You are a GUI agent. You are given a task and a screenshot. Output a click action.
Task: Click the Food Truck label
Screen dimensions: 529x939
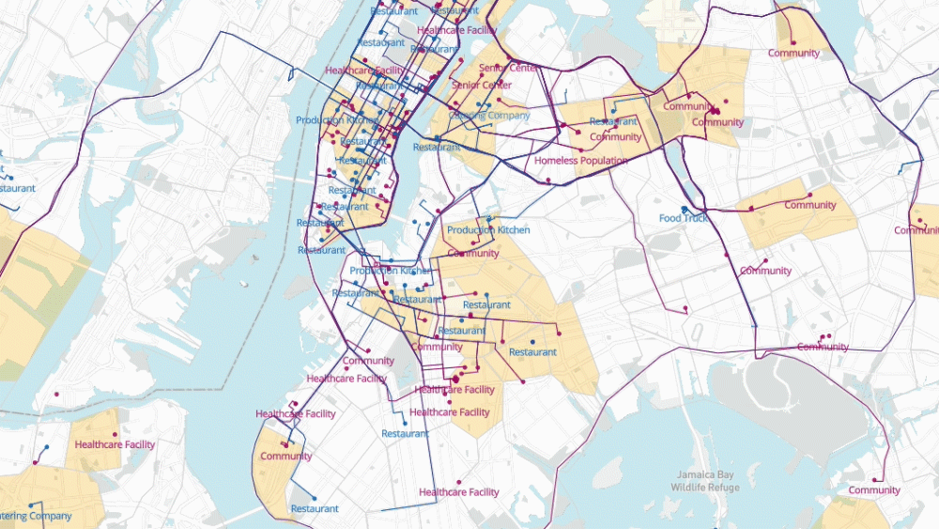pos(683,218)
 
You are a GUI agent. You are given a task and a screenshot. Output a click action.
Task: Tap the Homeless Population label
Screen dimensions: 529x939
pos(580,161)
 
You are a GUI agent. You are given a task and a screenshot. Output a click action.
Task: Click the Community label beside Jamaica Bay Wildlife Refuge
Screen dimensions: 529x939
pos(874,490)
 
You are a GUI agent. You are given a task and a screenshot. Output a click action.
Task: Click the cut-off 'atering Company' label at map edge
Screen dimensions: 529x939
pos(36,516)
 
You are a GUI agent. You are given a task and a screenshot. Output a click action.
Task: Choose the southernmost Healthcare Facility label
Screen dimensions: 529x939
pos(459,492)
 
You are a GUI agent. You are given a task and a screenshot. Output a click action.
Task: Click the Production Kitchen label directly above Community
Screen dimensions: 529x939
pos(487,230)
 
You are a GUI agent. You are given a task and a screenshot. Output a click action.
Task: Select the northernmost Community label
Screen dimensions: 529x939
pos(793,53)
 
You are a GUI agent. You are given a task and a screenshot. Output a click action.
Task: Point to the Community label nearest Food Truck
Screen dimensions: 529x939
pos(765,271)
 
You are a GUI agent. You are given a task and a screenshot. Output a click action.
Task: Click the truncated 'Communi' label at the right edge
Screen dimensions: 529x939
pos(916,230)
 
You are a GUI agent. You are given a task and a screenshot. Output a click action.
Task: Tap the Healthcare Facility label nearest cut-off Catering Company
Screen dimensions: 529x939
pos(115,444)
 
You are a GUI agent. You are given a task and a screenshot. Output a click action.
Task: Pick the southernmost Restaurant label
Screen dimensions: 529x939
pos(315,509)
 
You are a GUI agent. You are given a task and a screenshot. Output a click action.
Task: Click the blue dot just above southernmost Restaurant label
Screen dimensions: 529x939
pos(314,498)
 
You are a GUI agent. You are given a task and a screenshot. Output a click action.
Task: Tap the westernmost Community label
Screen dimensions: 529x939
pos(285,457)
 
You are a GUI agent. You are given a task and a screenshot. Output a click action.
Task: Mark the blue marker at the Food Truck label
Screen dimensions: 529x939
pos(685,209)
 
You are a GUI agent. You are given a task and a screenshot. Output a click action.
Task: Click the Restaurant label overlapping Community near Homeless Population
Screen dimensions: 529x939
pos(614,122)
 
